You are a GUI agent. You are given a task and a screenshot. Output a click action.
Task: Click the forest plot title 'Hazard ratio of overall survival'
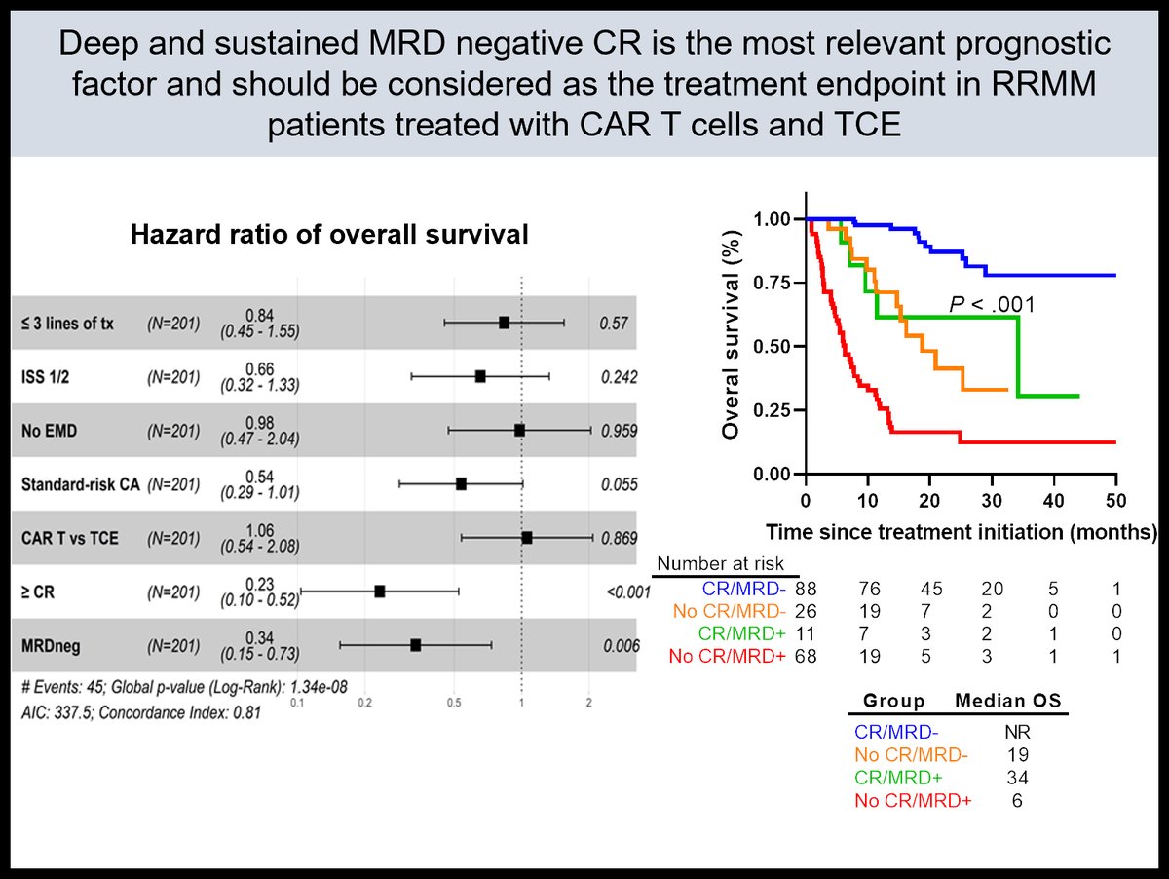tap(328, 234)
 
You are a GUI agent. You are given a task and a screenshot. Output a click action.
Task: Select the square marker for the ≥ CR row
tap(380, 592)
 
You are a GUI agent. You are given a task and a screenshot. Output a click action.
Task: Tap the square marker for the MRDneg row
tap(416, 645)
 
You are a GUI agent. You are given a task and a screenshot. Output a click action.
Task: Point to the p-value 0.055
tap(619, 484)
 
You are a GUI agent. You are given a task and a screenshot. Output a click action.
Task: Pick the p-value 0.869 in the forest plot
tap(619, 538)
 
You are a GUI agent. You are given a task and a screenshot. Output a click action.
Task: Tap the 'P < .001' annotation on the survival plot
tap(992, 306)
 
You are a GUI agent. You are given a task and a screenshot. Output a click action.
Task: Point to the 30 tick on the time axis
tap(991, 501)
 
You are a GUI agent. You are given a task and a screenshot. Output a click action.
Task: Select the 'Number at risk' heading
tap(727, 564)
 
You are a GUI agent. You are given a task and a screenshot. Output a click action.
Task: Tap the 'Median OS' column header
tap(1009, 701)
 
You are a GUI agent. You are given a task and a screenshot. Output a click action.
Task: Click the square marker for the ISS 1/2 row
tap(480, 376)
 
